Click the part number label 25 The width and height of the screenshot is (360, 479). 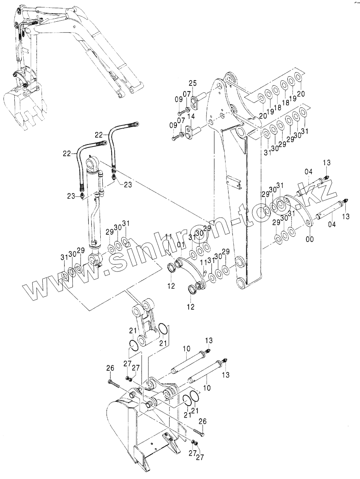click(x=192, y=83)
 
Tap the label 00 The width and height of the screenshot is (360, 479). click(x=310, y=239)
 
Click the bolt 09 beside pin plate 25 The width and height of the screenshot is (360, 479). click(x=181, y=113)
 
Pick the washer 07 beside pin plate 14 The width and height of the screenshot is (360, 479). click(x=181, y=134)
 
